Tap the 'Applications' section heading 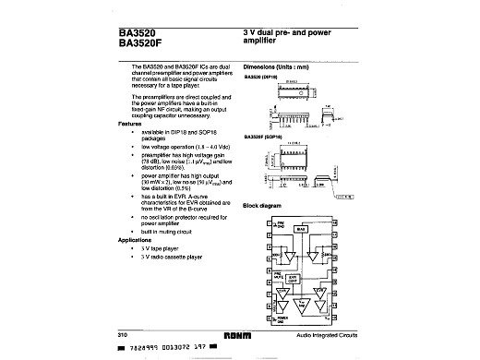click(x=135, y=239)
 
